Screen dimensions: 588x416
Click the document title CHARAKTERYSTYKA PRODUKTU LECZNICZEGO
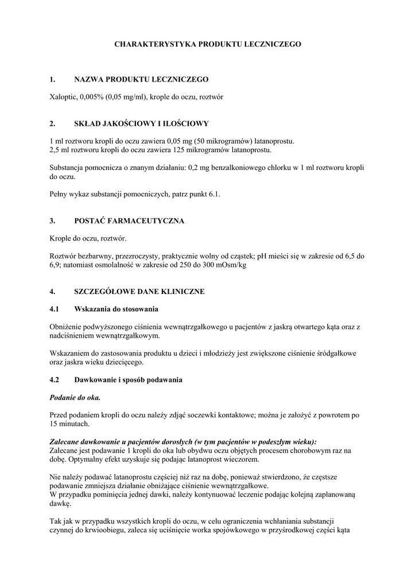208,44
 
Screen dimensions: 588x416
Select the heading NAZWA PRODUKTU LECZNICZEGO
141,79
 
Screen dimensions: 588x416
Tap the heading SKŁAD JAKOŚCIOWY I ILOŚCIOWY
141,123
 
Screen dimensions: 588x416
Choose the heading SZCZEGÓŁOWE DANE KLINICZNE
139,291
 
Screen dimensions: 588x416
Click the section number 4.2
55,380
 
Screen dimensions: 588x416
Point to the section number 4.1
55,309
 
